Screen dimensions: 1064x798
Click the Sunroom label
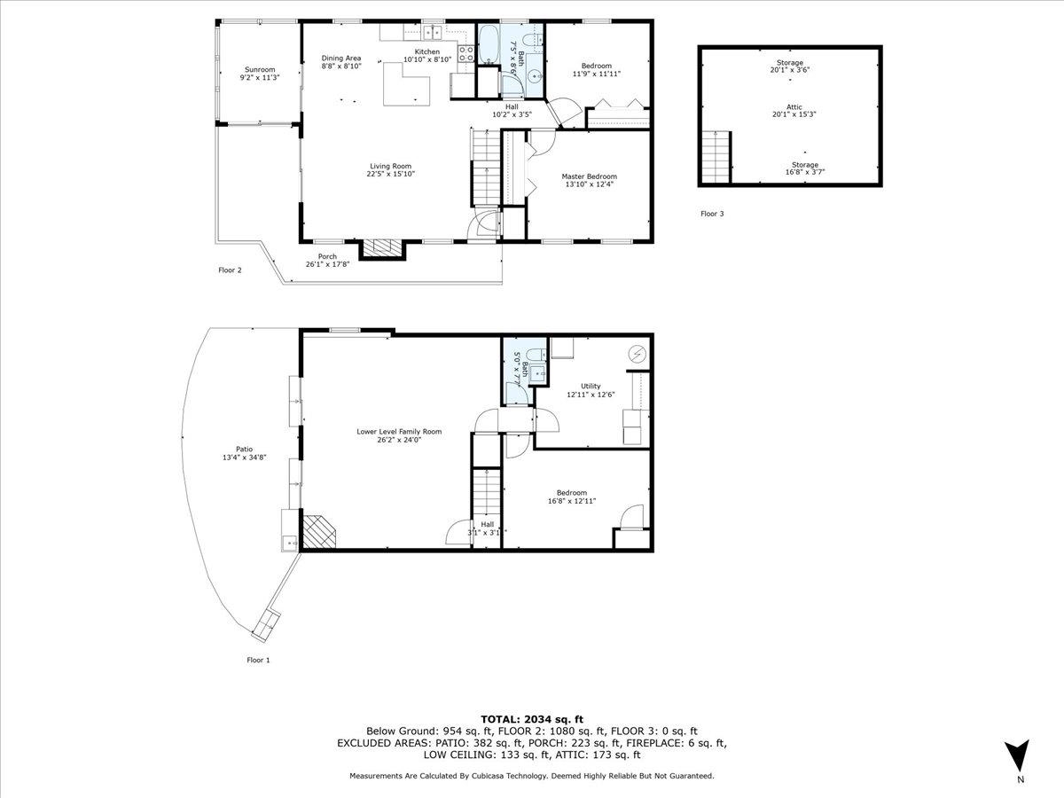coord(260,69)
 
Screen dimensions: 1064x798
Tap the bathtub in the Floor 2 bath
coord(489,44)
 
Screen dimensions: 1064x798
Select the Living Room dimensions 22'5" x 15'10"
coord(391,174)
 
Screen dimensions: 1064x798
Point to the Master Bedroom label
coord(590,176)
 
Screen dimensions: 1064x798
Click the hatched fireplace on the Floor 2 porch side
coord(382,248)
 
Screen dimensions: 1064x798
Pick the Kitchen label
coord(427,51)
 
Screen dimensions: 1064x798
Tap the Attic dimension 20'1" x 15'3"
coord(794,115)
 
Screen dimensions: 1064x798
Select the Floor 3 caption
coord(712,214)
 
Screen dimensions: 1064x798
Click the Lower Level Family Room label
coord(399,431)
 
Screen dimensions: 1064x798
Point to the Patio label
coord(245,450)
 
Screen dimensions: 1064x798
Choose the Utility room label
coord(591,387)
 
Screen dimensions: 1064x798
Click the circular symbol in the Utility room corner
coord(637,354)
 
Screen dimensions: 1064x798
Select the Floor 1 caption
coord(258,660)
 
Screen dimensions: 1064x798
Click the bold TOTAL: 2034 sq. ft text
coord(532,719)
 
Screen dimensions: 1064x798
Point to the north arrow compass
coord(1016,755)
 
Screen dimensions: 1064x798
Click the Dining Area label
coord(341,59)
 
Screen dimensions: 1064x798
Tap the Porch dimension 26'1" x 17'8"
coord(328,264)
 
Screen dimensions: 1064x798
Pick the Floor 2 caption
coord(230,270)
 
